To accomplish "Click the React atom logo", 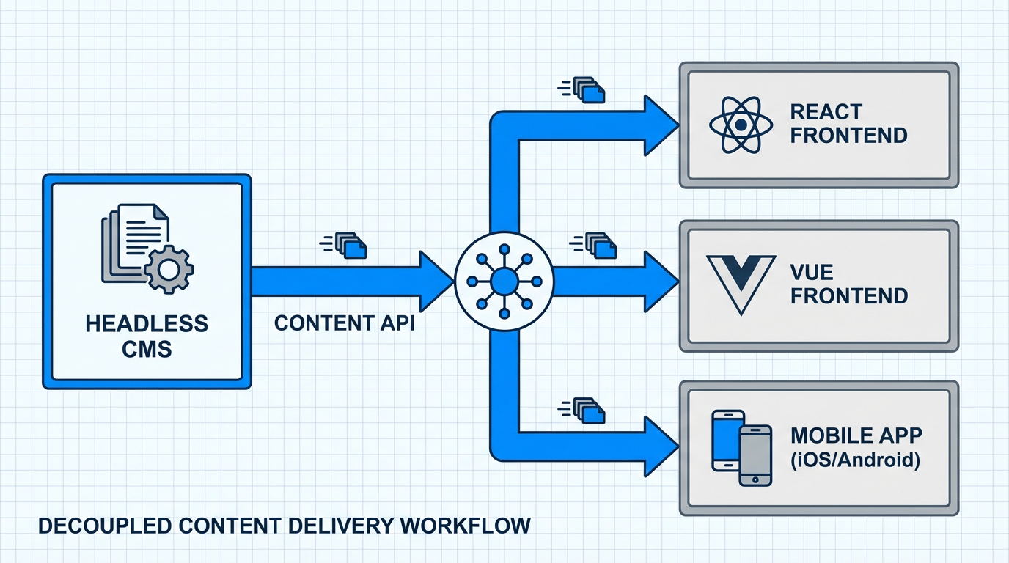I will pos(741,125).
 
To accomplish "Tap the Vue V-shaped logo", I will pos(740,284).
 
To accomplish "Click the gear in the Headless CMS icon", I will pos(169,270).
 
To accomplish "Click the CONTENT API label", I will pos(344,323).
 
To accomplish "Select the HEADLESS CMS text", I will pos(147,335).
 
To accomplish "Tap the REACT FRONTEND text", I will pos(848,124).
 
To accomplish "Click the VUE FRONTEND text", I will pos(849,284).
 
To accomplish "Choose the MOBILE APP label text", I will pos(856,435).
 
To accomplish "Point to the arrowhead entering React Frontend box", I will pos(660,125).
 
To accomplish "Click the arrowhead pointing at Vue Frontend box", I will pos(660,281).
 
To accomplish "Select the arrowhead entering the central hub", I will pos(435,281).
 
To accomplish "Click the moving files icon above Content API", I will pos(345,245).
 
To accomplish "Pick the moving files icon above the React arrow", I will pos(583,89).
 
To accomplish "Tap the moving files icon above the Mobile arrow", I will pos(583,410).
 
